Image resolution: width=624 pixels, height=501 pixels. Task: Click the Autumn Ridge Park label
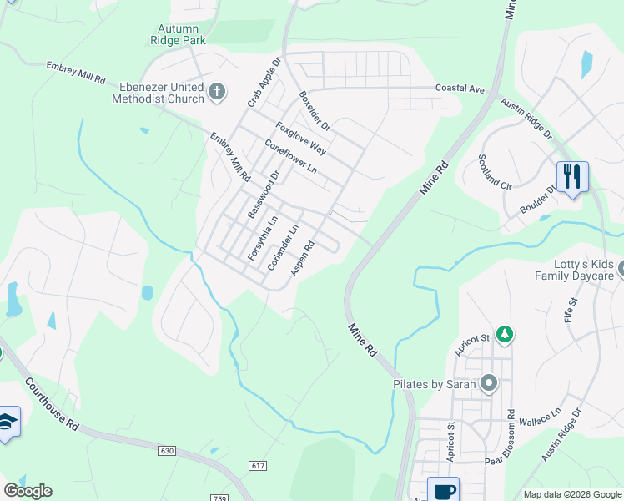[177, 33]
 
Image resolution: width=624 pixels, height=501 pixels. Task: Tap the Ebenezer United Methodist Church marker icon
[217, 92]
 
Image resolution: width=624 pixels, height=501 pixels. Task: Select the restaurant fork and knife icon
[572, 177]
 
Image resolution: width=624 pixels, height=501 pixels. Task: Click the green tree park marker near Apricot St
[504, 335]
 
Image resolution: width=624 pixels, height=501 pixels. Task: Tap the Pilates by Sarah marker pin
[489, 384]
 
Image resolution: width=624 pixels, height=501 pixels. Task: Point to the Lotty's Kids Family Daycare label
[574, 270]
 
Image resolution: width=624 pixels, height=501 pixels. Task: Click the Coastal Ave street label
[460, 89]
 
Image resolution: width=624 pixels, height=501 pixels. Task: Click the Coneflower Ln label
[290, 156]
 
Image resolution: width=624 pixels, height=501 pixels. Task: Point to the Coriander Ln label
[283, 247]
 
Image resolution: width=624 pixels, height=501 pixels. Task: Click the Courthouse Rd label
[52, 404]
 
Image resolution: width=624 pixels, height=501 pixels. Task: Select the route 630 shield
[167, 451]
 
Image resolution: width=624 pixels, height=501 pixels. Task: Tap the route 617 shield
[257, 465]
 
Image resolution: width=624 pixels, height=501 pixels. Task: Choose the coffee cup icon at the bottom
[443, 490]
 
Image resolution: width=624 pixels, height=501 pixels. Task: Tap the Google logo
[28, 491]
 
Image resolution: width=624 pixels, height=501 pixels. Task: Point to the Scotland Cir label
[495, 170]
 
